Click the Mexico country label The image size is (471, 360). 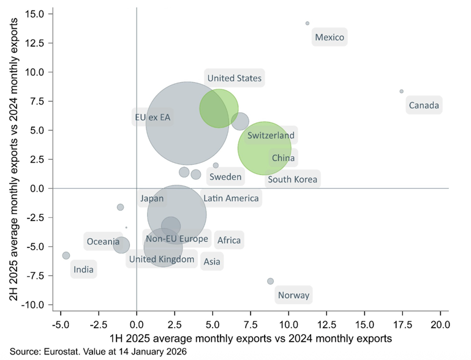tap(330, 37)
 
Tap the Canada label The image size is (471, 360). tap(423, 105)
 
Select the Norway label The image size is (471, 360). tap(293, 295)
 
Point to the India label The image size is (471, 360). tap(83, 269)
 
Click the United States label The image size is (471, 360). tap(234, 78)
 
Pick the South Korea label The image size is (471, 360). tap(292, 179)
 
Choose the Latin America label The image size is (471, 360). tap(231, 198)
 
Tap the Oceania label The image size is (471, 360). tap(102, 241)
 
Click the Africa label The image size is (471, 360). tap(229, 240)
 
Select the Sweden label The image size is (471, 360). tap(225, 177)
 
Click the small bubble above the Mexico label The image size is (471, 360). tap(307, 23)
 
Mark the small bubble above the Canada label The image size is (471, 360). tap(401, 91)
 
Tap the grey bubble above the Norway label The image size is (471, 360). tap(270, 281)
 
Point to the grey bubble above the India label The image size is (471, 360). tap(66, 255)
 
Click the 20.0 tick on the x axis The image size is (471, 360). tap(440, 323)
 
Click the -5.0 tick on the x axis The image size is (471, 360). tap(61, 323)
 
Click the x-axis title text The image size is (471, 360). tap(250, 338)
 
